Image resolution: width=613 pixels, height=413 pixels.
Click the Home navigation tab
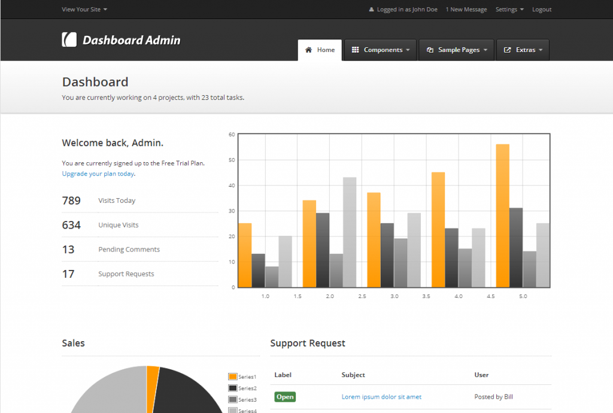coord(320,50)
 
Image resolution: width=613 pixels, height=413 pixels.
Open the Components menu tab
coord(380,50)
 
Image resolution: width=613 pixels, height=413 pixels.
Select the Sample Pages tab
coord(456,50)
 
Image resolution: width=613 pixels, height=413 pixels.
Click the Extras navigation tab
coord(523,50)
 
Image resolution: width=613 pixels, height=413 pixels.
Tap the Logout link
coord(542,10)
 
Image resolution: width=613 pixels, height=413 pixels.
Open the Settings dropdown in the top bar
coord(509,10)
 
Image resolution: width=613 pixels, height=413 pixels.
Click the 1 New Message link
coord(466,10)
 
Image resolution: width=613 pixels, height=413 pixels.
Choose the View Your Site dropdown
coord(84,10)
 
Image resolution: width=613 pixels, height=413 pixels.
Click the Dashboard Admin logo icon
coord(69,40)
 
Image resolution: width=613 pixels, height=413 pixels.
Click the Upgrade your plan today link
coord(98,174)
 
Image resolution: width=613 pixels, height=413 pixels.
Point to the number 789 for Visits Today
coord(71,201)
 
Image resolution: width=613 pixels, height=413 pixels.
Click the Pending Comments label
coord(129,250)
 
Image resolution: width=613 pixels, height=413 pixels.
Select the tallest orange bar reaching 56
coord(502,215)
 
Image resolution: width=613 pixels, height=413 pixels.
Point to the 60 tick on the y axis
coord(232,135)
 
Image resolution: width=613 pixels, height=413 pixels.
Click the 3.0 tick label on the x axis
coord(394,296)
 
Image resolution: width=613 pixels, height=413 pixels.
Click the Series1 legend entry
coord(242,376)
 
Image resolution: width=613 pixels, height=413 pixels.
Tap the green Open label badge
coord(285,397)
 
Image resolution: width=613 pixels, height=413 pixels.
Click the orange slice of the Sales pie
coord(153,374)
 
